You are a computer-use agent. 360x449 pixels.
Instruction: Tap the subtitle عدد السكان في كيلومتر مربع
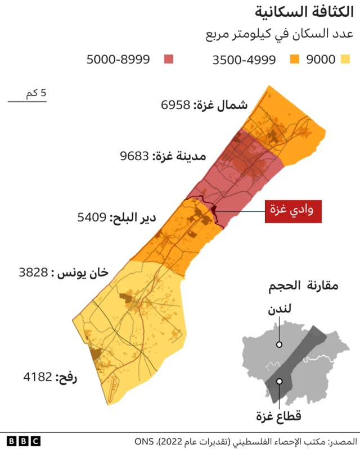[280, 34]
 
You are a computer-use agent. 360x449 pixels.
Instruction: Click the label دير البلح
[133, 217]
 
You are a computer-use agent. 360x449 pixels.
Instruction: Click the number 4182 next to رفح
[38, 377]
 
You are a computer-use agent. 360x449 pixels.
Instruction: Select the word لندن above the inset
[279, 311]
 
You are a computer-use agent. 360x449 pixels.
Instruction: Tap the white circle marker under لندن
[279, 344]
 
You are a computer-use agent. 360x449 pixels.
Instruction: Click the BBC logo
[24, 441]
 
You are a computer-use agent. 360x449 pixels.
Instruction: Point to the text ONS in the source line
[145, 441]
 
